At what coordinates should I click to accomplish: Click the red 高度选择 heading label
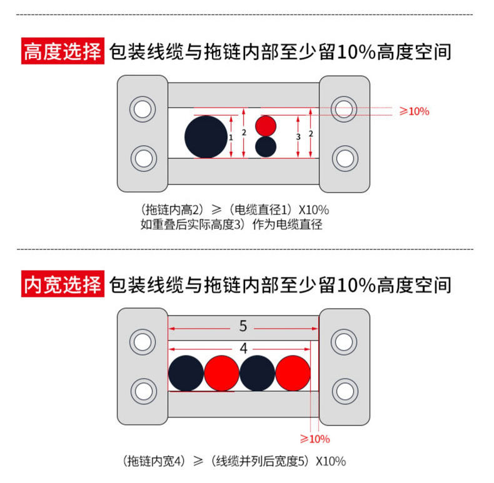[62, 51]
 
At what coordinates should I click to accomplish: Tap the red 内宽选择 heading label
[62, 285]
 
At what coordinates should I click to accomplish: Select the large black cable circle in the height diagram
[206, 136]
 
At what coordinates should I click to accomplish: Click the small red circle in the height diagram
[266, 126]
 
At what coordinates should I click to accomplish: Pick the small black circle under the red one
[266, 146]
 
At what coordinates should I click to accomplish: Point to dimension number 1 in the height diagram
[231, 136]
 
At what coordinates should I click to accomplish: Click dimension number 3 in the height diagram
[298, 136]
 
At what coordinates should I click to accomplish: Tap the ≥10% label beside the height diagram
[414, 111]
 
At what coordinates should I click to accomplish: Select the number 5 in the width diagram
[243, 326]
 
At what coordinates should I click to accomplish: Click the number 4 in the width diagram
[243, 348]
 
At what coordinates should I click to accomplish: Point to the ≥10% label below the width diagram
[315, 439]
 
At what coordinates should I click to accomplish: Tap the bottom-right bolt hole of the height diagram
[344, 158]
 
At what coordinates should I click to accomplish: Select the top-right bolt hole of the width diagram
[344, 341]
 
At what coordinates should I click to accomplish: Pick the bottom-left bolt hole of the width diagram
[143, 391]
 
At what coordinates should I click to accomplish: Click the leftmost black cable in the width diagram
[186, 374]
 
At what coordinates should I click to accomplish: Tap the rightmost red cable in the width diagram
[293, 374]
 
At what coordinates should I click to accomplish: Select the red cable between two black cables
[222, 374]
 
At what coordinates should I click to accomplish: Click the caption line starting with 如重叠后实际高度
[231, 224]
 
